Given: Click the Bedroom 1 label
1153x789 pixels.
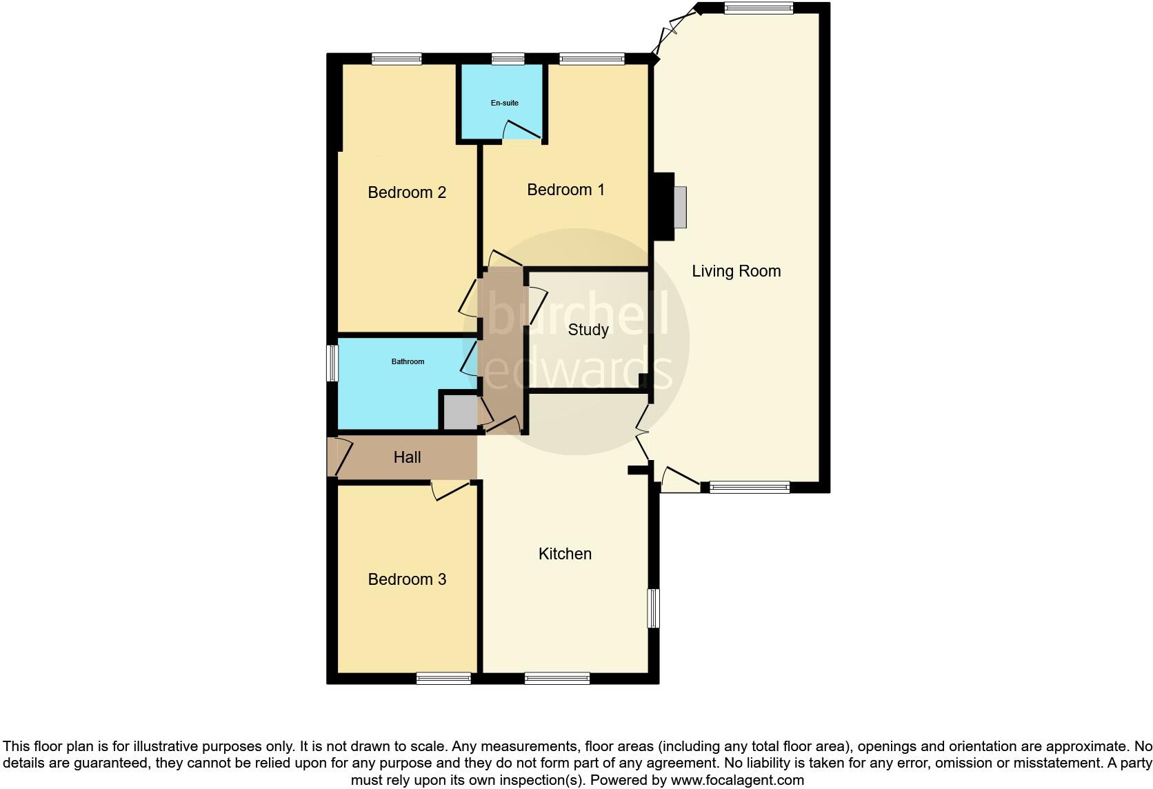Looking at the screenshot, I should [x=565, y=190].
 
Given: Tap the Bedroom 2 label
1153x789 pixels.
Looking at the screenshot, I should [x=407, y=192].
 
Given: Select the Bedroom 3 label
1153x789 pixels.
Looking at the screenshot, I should [x=407, y=579].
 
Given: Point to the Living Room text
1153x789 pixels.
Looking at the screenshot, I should [x=736, y=271].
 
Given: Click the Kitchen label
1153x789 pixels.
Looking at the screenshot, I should [x=565, y=554].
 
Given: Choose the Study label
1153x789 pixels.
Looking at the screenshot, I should [x=588, y=330].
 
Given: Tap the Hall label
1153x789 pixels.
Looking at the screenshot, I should [x=407, y=457].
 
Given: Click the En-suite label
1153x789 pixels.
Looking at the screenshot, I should [x=505, y=103].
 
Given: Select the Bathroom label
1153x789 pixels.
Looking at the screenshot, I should [x=408, y=361].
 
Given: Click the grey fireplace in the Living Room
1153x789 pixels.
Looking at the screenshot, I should [x=680, y=207].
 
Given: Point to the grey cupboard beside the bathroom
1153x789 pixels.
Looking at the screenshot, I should [x=459, y=412].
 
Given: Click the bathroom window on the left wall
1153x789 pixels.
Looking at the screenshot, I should [x=333, y=363].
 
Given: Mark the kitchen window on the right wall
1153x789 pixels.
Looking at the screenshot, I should [x=653, y=608].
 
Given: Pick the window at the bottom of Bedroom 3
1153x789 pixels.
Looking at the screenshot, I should [x=443, y=679].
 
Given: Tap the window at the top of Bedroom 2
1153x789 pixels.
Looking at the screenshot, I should [x=397, y=59].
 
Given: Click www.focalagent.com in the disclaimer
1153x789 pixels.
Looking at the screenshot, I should [x=737, y=780].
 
